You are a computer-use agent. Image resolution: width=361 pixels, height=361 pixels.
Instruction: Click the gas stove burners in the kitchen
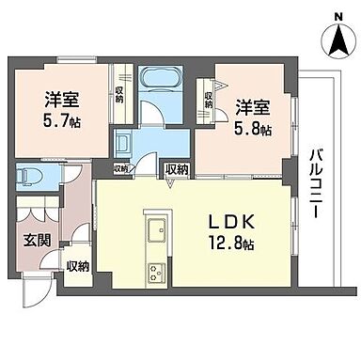coord(155,274)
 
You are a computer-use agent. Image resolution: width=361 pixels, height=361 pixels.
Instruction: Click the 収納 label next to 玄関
coord(77,267)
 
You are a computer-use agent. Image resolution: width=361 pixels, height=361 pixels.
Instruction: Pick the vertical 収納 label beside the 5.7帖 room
coord(120,94)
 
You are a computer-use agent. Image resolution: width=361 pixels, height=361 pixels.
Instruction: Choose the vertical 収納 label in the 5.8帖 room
coord(209,96)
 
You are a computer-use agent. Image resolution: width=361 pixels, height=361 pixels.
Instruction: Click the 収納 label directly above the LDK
coord(176,169)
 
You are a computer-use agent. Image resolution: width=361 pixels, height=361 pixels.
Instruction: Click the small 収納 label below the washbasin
coord(120,169)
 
